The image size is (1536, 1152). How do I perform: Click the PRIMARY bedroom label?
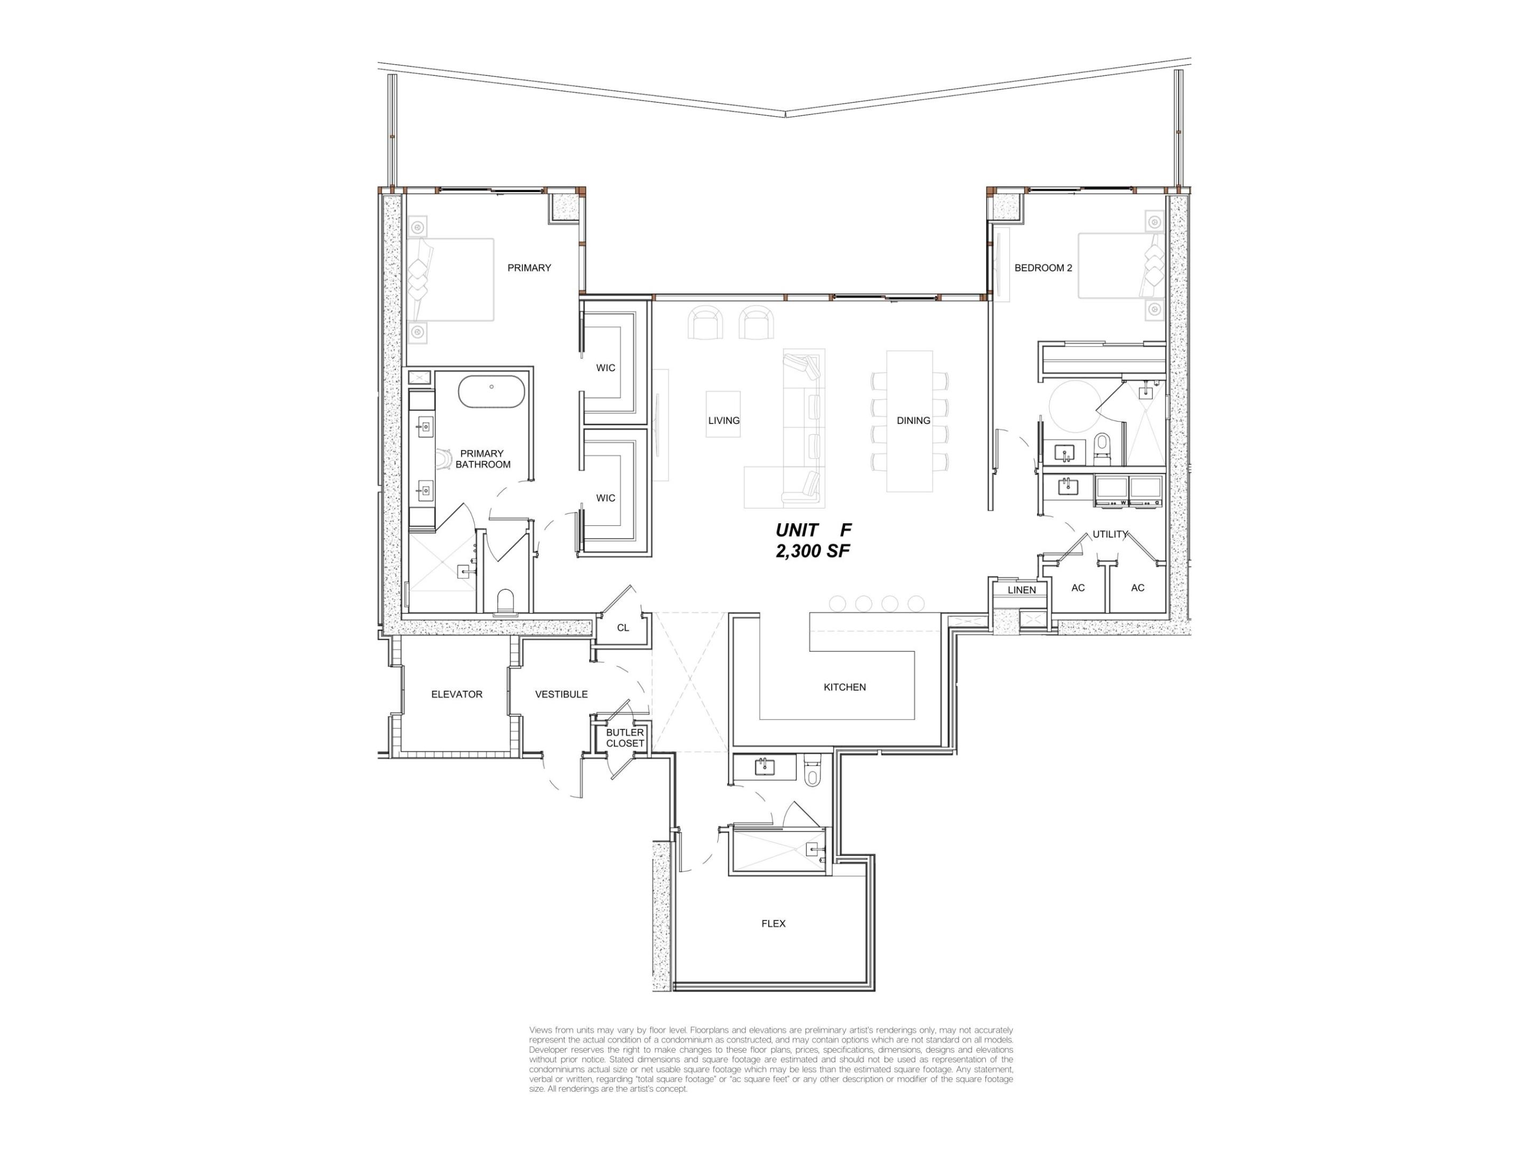tap(529, 268)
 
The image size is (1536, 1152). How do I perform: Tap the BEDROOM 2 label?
tap(1043, 268)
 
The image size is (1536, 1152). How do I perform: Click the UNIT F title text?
tap(813, 530)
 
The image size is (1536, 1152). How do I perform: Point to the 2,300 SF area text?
tap(813, 551)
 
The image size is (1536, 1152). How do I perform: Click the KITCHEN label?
tap(845, 687)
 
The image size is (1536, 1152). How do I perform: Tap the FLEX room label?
tap(773, 924)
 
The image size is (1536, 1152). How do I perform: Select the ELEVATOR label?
tap(456, 694)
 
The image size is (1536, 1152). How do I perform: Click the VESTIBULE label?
tap(561, 694)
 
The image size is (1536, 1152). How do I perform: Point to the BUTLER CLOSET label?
tap(625, 738)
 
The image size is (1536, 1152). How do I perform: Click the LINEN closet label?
tap(1022, 590)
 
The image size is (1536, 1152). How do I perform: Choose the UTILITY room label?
tap(1110, 534)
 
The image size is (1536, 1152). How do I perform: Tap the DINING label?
tap(913, 421)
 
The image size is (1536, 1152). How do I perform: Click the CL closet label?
tap(623, 628)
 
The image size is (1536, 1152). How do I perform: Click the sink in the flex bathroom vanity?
tap(765, 767)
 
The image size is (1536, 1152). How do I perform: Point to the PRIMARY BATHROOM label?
tap(483, 459)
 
